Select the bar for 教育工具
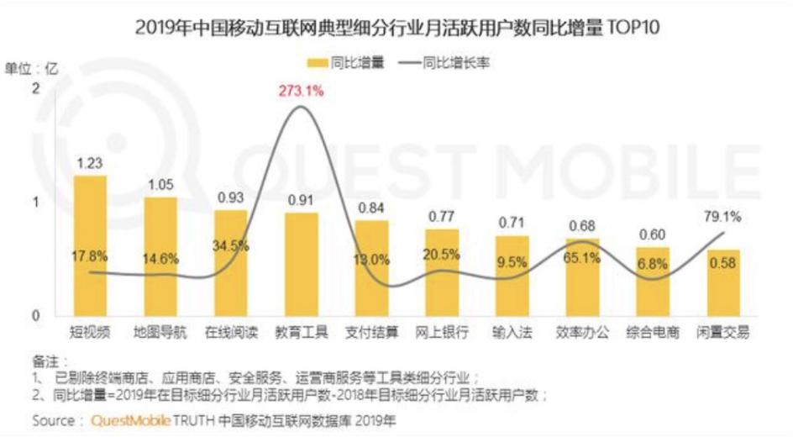pos(302,264)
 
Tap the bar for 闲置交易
pos(723,282)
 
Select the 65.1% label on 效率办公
pos(582,258)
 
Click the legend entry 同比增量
pos(346,62)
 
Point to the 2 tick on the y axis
pos(35,87)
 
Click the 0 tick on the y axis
pos(35,315)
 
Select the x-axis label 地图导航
pos(160,333)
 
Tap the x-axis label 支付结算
pos(372,333)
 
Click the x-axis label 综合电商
pos(653,333)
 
